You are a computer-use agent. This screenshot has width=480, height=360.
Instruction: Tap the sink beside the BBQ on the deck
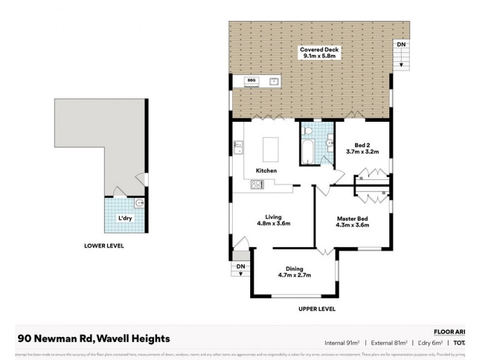[x=274, y=81]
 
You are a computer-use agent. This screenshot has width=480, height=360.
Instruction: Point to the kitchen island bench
[x=271, y=148]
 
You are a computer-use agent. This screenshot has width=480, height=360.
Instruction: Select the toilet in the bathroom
[x=328, y=143]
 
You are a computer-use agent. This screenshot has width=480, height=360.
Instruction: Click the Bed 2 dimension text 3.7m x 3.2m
[x=362, y=152]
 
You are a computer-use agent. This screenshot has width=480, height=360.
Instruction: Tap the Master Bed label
[x=352, y=218]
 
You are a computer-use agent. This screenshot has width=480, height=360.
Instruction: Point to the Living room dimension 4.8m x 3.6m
[x=274, y=224]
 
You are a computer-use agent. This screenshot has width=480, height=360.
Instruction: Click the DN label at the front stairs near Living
[x=240, y=266]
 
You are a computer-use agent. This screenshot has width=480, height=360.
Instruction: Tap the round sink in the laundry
[x=139, y=203]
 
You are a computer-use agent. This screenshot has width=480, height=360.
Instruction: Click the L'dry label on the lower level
[x=125, y=217]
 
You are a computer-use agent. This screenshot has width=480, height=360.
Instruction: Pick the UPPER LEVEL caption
[x=316, y=309]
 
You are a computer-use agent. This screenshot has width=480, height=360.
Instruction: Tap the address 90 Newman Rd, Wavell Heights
[x=94, y=338]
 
